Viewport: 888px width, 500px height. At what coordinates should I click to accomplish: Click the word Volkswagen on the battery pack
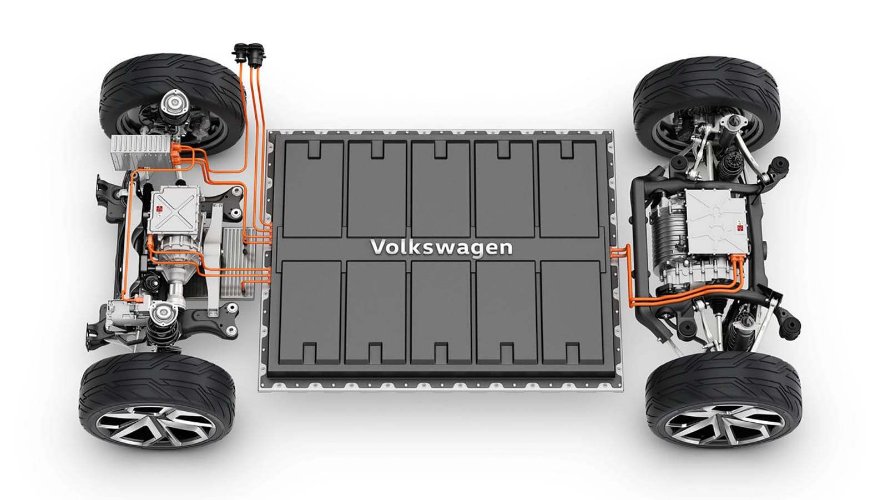click(x=441, y=248)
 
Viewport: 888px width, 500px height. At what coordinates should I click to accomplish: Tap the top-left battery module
click(x=313, y=189)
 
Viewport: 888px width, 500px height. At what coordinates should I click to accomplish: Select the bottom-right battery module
click(x=572, y=312)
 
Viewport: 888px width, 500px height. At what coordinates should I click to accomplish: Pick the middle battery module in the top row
click(x=441, y=189)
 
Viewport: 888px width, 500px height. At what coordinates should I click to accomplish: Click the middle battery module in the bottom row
click(x=441, y=312)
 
